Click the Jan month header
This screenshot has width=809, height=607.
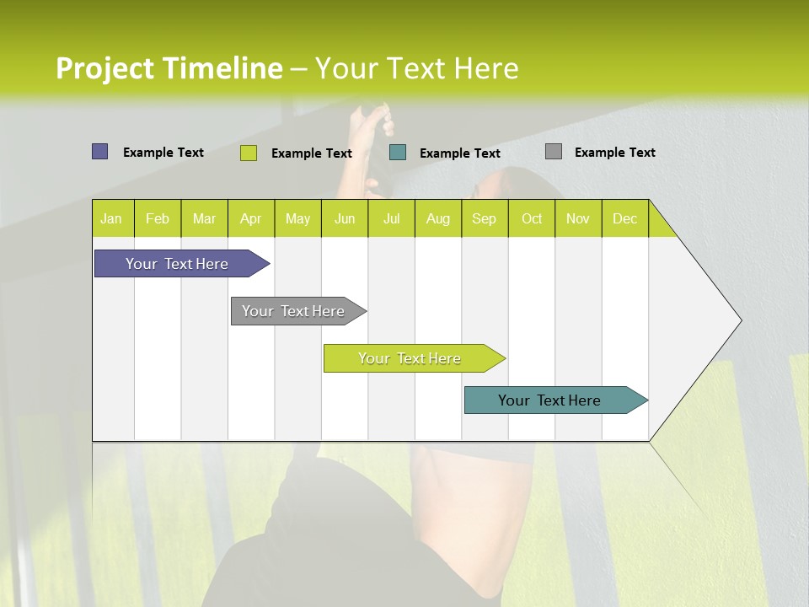coord(112,218)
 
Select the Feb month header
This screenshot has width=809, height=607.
coord(158,218)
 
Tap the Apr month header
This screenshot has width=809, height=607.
coord(251,218)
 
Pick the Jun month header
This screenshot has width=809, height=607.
coord(345,218)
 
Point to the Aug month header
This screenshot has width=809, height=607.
coord(438,218)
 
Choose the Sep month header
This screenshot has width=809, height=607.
coord(485,218)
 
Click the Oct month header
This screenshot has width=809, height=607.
coord(532,218)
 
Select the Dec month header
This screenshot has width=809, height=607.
coord(625,218)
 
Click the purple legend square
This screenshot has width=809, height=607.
coord(100,152)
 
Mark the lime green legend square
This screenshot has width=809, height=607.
coord(249,153)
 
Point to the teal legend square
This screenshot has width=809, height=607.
coord(398,152)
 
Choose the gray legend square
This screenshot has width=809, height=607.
coord(554,152)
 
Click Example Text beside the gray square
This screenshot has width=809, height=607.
coord(614,153)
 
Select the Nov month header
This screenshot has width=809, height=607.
coord(578,218)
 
